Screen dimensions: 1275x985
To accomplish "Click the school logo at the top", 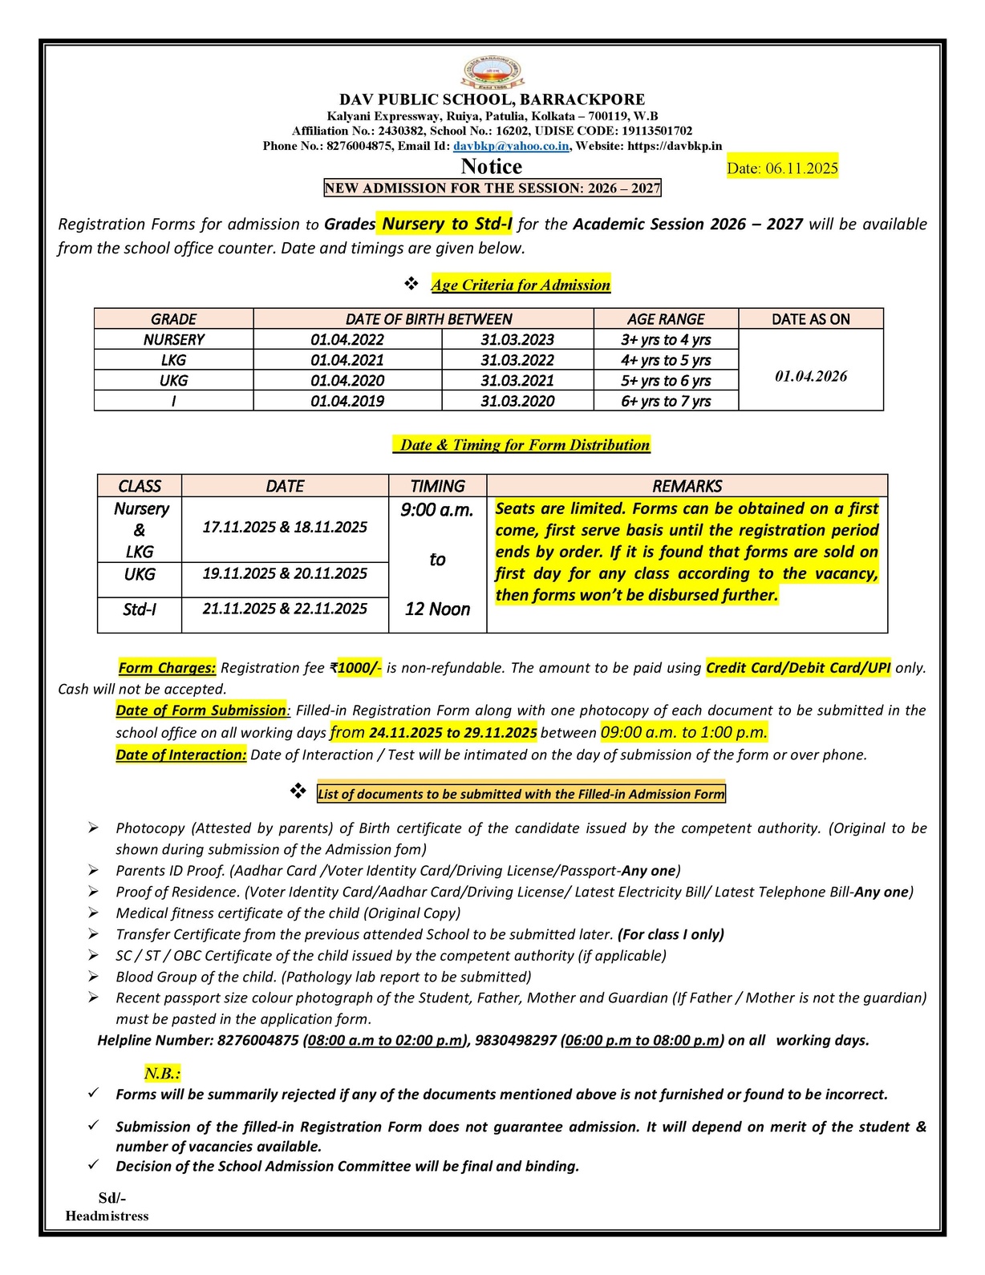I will click(x=492, y=73).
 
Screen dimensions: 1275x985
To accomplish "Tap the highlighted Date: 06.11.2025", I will click(x=782, y=168).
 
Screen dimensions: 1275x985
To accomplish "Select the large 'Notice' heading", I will click(x=491, y=167).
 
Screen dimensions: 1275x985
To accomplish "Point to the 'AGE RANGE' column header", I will click(x=666, y=319).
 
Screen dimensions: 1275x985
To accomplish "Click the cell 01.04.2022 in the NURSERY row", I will click(x=347, y=340).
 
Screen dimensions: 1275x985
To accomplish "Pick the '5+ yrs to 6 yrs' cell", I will click(x=666, y=381).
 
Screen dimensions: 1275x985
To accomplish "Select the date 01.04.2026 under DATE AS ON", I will click(x=811, y=376).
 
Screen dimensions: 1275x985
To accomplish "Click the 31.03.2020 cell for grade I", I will click(x=517, y=401).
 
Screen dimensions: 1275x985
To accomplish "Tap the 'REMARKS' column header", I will click(x=687, y=486).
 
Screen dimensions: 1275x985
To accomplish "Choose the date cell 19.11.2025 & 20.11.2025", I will click(x=285, y=573).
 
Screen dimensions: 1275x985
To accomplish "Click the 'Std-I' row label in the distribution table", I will click(x=140, y=609).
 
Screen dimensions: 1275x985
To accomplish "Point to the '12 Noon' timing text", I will click(x=437, y=609).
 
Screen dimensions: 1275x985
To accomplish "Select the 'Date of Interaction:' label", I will click(x=181, y=755).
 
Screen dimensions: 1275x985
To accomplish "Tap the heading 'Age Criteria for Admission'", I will click(x=521, y=285).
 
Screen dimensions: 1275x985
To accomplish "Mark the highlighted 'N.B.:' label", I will click(x=162, y=1074).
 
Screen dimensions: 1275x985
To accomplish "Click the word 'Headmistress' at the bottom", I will click(x=107, y=1216).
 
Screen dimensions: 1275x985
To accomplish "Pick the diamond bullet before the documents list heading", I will click(x=298, y=792).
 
